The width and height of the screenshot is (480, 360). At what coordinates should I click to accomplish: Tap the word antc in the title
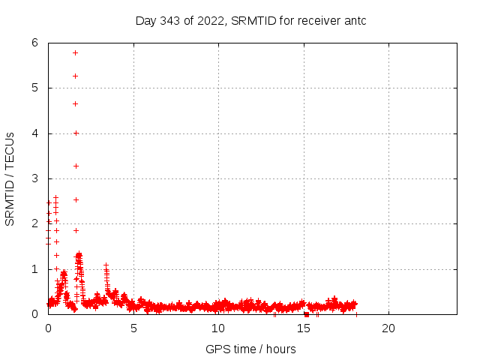tap(354, 21)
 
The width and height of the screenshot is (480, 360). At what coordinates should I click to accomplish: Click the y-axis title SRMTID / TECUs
tap(10, 178)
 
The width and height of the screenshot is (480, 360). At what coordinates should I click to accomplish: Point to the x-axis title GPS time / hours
tap(250, 349)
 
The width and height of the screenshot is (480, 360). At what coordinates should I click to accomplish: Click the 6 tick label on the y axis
tap(34, 43)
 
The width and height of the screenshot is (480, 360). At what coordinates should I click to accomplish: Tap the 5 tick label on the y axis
tap(34, 88)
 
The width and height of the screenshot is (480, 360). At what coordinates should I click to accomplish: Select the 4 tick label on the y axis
tap(34, 133)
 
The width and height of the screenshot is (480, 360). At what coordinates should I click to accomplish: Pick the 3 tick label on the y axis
tap(34, 178)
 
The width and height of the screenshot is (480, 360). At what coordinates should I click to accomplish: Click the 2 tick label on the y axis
tap(34, 223)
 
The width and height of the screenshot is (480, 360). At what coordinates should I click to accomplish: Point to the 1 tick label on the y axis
tap(34, 269)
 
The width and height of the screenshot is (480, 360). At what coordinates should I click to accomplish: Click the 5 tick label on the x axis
tap(133, 328)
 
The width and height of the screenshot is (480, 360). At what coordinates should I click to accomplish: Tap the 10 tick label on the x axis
tap(218, 328)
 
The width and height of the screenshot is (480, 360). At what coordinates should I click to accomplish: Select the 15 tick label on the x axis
tap(304, 328)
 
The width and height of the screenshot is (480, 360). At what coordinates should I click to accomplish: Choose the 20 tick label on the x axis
tap(388, 328)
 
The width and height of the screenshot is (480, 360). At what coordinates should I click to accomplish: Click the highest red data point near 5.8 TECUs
tap(76, 52)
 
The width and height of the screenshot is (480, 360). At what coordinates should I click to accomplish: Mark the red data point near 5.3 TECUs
tap(76, 76)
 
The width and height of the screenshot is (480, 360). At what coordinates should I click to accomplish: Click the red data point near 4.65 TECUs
tap(76, 103)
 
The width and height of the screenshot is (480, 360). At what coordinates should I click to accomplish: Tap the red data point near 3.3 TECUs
tap(76, 166)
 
